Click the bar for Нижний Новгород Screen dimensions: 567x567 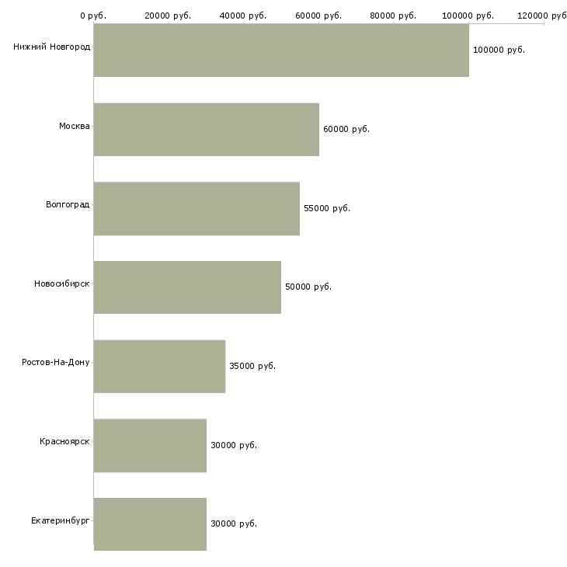(281, 50)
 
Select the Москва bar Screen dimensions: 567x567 (207, 130)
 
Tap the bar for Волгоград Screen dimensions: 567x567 (197, 209)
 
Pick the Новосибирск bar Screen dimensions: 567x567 (187, 287)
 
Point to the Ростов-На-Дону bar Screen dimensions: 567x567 (159, 367)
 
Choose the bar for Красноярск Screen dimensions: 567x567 (150, 446)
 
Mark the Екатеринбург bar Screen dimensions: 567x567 (150, 524)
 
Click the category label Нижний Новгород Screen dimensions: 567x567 (52, 47)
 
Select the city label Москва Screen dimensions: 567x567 (74, 126)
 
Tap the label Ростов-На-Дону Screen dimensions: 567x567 (55, 362)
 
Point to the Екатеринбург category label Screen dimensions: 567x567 (60, 520)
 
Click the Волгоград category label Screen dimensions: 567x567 (68, 205)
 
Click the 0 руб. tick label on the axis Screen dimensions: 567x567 (93, 16)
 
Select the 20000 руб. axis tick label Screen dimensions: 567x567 (168, 16)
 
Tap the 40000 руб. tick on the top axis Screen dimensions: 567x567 (243, 16)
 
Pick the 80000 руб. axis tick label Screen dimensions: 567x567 (393, 16)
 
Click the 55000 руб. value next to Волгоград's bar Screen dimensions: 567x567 (327, 208)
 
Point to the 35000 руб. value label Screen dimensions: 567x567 (252, 366)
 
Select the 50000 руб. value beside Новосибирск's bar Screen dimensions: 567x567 (308, 287)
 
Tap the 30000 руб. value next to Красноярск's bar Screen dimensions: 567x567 (234, 445)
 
